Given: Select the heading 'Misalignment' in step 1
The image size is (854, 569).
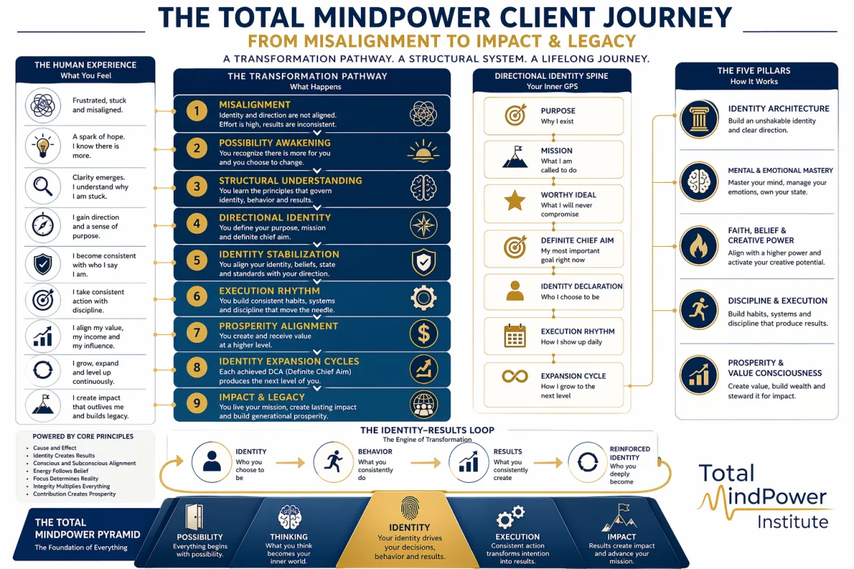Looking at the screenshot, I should click(x=255, y=105).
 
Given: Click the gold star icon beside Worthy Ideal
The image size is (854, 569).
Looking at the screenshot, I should click(x=515, y=201).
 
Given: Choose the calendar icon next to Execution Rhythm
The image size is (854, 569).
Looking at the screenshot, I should click(x=515, y=335).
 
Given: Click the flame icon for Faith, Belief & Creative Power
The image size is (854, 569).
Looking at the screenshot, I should click(x=699, y=246).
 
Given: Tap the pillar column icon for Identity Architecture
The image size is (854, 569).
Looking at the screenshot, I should click(x=699, y=119).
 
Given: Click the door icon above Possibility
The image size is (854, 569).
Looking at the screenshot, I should click(x=194, y=516).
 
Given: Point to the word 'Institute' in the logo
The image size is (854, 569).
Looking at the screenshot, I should click(x=792, y=522).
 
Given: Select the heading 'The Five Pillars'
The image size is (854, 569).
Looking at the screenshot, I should click(x=754, y=70).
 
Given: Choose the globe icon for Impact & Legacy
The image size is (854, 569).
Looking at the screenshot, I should click(x=423, y=404).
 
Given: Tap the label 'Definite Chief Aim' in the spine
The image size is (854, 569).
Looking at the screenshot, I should click(x=577, y=240).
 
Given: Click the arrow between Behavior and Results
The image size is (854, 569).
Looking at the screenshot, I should click(x=426, y=463).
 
